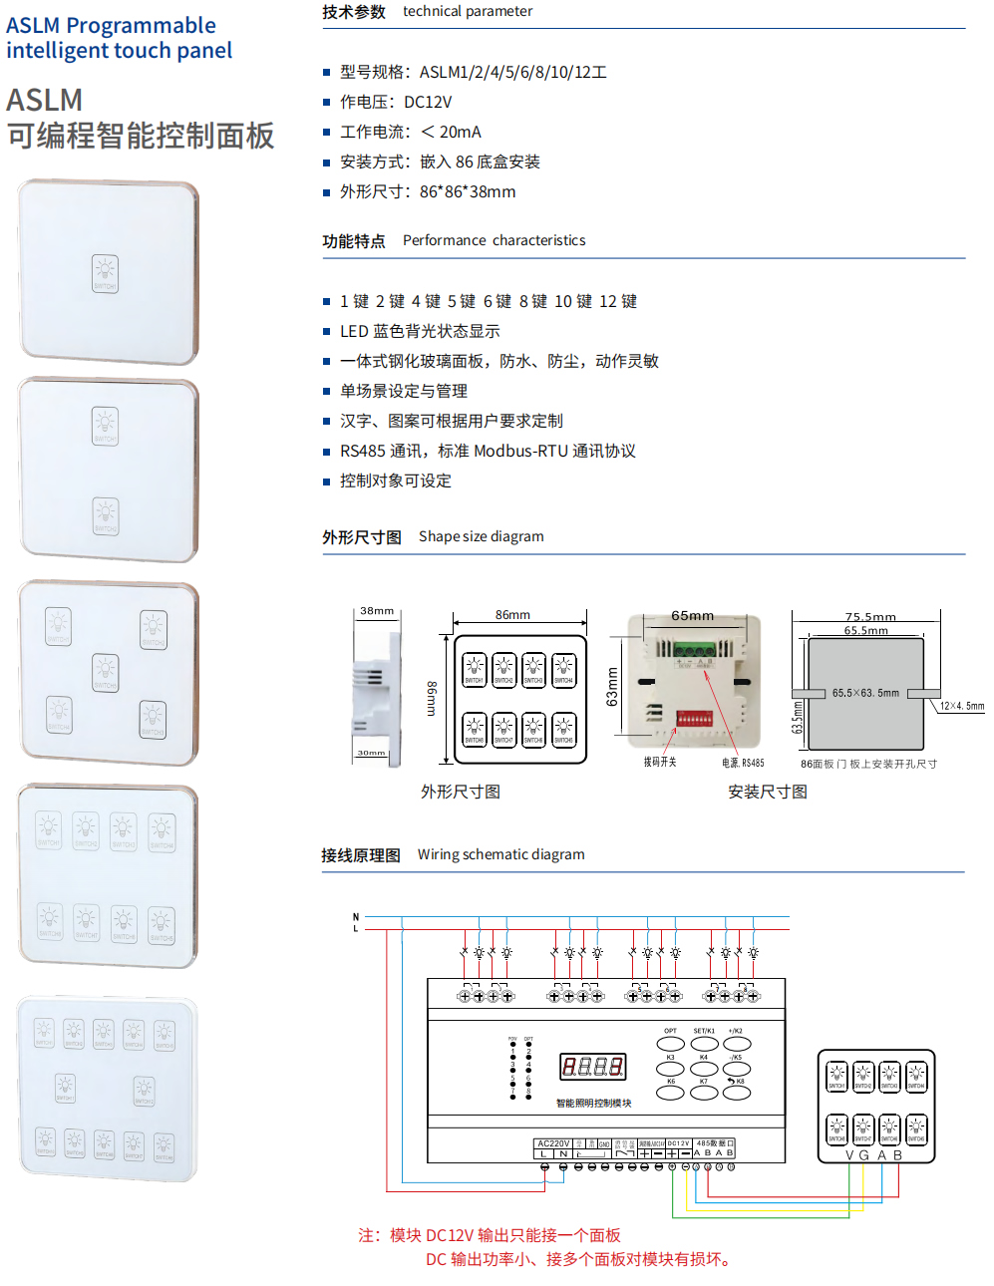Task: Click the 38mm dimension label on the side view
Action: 377,611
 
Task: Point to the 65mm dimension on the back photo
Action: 692,616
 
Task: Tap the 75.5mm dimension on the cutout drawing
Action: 870,617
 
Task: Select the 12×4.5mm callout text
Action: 961,706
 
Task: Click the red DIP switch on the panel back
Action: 694,718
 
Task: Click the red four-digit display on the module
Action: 593,1067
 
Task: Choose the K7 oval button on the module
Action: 704,1092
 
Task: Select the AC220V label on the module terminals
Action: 553,1143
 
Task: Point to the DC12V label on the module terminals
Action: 678,1143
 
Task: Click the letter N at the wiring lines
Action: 356,917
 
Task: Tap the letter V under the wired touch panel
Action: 850,1155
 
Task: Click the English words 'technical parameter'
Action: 468,11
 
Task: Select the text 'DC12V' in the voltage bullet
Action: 428,102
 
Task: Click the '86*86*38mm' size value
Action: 468,191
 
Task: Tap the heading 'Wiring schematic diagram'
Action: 500,854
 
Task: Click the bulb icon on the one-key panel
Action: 105,271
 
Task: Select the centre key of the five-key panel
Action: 106,672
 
